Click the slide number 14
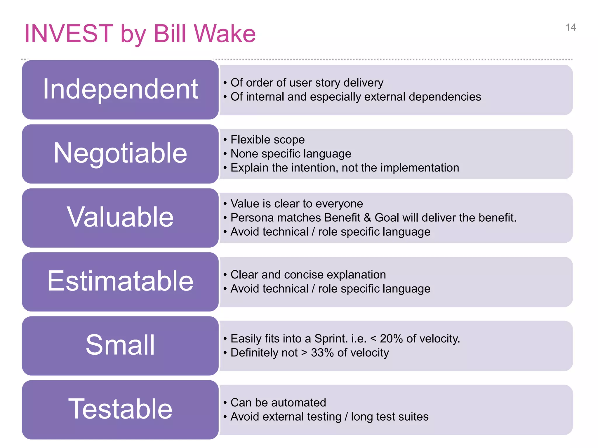click(571, 27)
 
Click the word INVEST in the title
click(69, 34)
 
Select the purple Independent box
click(120, 90)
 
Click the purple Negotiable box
click(120, 154)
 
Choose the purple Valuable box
click(120, 218)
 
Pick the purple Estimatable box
click(120, 281)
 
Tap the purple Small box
click(120, 346)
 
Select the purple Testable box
click(120, 409)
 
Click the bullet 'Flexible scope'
click(267, 140)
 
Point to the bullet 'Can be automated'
click(278, 402)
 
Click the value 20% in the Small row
click(391, 339)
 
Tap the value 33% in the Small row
click(322, 353)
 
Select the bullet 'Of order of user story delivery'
click(307, 83)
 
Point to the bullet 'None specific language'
click(291, 154)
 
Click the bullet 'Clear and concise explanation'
click(308, 275)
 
